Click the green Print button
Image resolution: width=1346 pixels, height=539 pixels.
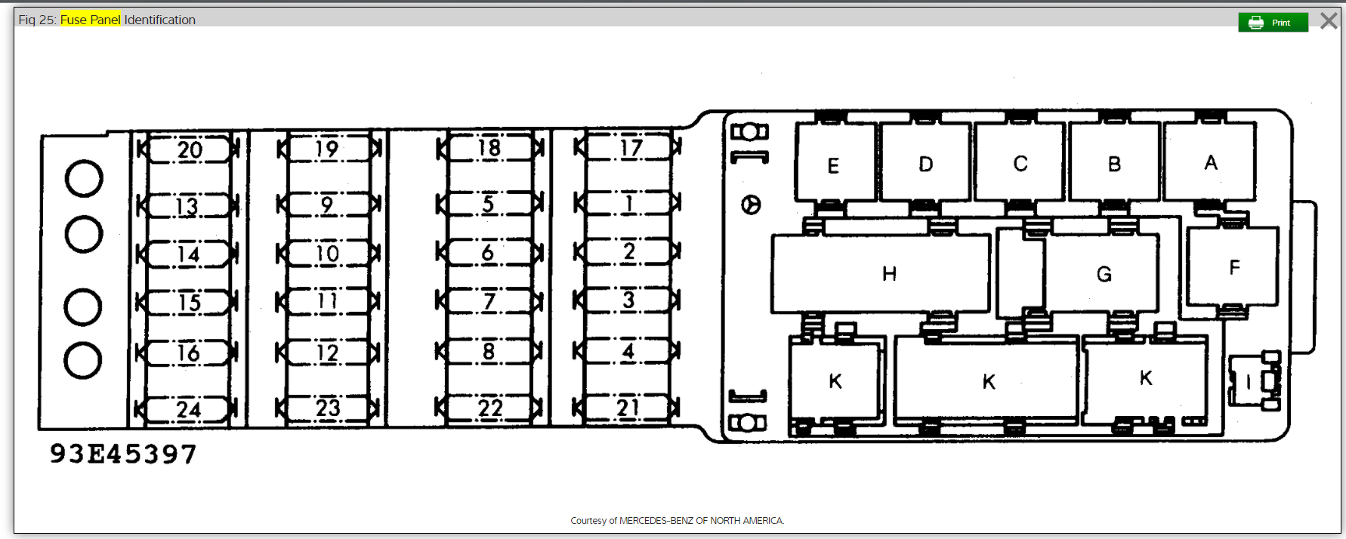(1273, 23)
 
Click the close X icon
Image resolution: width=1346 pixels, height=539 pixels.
(1329, 20)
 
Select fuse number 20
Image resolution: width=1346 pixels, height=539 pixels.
(187, 149)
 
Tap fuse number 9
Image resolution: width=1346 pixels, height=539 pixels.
(328, 205)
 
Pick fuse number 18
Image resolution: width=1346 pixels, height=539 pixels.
(489, 148)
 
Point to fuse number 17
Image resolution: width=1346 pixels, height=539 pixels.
(628, 147)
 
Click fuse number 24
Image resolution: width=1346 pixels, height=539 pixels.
(187, 409)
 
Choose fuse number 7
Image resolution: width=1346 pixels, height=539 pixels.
(489, 302)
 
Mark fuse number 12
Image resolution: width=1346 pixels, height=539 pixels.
(328, 353)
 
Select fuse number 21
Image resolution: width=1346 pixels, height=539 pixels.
(627, 408)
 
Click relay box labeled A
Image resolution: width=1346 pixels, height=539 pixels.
(1210, 162)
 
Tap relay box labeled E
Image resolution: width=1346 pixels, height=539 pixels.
(835, 164)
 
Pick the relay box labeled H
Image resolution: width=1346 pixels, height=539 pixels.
(881, 273)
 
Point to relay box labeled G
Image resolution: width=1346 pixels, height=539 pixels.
(1101, 273)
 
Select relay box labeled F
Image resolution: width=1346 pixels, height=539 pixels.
(1233, 266)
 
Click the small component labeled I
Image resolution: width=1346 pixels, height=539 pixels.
(1254, 381)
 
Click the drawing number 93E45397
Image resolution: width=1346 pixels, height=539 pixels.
(123, 454)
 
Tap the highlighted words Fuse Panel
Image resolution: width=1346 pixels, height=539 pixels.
(90, 20)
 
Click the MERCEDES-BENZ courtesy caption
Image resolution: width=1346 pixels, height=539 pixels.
(677, 520)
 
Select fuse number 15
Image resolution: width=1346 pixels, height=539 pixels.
(187, 303)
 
